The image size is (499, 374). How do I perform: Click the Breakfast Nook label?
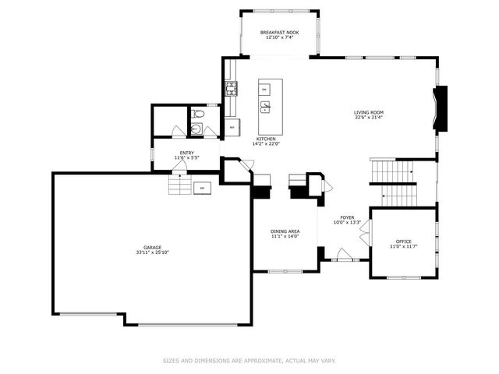point(280,32)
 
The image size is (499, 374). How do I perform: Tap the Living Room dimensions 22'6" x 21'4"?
point(369,118)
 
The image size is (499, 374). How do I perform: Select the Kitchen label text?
point(265,139)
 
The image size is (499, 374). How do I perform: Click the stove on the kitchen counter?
point(231,88)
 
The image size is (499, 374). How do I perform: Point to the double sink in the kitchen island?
point(265,107)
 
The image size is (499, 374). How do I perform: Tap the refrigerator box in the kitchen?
point(232,126)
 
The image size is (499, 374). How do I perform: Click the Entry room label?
point(187,153)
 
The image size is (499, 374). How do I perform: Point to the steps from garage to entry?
point(179,185)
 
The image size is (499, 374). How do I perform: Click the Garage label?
point(152,248)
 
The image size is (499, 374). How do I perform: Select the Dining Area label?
point(285,231)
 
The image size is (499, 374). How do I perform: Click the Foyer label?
point(347,217)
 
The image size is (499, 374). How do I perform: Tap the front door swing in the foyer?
point(342,254)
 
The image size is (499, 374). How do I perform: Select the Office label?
point(403,242)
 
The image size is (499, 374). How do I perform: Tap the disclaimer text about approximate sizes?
point(249,361)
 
